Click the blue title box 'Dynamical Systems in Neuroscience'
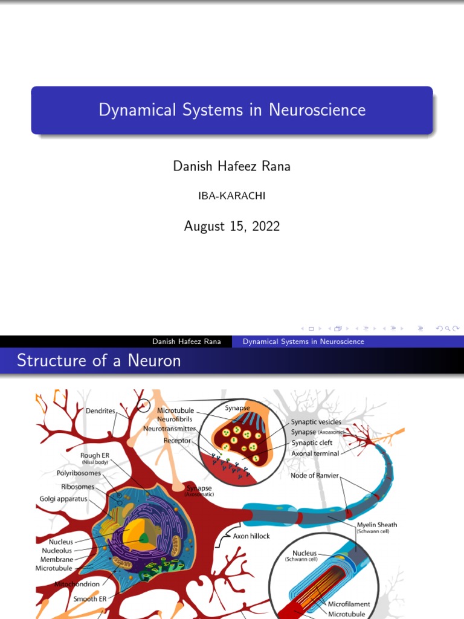click(x=232, y=110)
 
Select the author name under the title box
click(x=232, y=166)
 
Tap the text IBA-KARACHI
click(x=232, y=196)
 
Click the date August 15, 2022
click(x=232, y=226)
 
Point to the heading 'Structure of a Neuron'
click(x=98, y=361)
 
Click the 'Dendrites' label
click(x=100, y=410)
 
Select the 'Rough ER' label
click(x=95, y=455)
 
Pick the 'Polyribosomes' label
click(x=79, y=473)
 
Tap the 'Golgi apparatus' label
click(x=63, y=499)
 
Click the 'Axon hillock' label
click(x=251, y=536)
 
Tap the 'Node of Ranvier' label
click(x=315, y=475)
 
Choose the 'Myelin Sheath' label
click(x=377, y=525)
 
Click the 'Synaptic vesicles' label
click(x=316, y=422)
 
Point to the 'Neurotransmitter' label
click(x=170, y=429)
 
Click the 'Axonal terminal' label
click(x=315, y=453)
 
